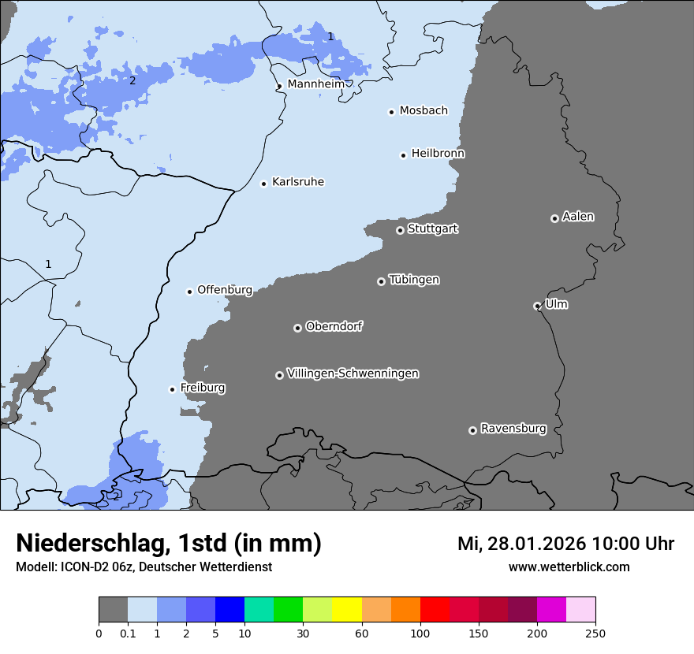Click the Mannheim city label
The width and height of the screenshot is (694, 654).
coord(315,84)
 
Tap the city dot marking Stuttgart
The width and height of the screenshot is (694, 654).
coord(400,230)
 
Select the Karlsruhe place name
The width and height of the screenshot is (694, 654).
coord(297,182)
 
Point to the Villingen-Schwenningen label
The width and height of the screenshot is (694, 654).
coord(353,373)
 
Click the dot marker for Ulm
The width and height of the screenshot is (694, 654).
coord(537,306)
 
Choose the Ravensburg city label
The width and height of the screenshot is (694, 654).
coord(513,429)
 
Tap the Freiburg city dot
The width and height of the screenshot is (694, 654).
coord(172,389)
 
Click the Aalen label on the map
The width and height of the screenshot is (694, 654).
coord(578,217)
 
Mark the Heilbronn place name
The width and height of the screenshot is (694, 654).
coord(438,154)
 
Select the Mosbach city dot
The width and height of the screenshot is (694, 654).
coord(391,112)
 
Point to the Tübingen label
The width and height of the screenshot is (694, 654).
coord(414,280)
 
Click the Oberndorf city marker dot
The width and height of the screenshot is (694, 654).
coord(297,328)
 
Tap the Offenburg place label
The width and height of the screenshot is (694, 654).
coord(225,290)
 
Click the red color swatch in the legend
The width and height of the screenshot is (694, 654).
coord(435,610)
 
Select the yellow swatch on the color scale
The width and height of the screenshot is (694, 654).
coord(347,610)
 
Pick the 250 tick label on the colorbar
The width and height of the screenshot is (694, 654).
coord(595,633)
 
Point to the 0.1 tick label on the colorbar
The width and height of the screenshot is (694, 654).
coord(128,633)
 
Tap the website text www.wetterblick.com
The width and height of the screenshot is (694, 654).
coord(569,567)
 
